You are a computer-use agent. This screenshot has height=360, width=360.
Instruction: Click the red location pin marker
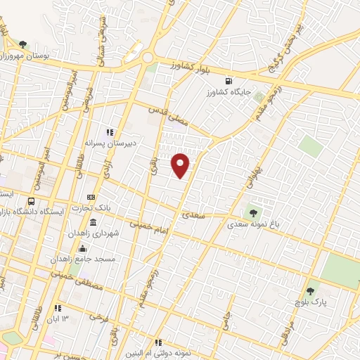point(181,165)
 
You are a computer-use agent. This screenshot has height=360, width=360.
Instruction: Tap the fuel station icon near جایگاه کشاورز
point(227,81)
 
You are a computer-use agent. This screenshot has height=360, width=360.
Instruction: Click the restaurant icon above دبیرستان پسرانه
point(110,131)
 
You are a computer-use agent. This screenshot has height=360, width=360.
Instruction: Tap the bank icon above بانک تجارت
point(91,198)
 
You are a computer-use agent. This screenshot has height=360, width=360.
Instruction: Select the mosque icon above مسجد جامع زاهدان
point(84,248)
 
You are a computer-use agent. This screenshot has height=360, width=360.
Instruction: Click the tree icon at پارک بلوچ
point(310,288)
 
